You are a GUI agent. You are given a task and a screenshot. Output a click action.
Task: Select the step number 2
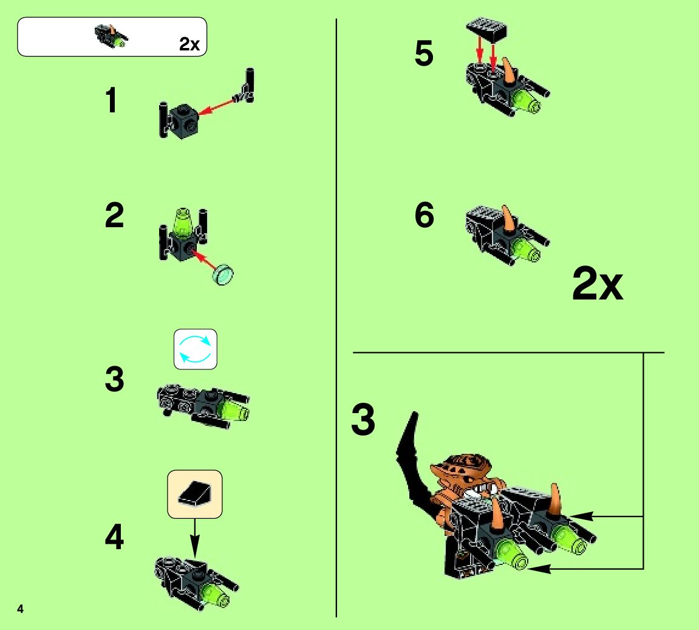[114, 215]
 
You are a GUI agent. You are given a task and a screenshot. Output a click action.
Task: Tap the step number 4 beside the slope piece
[114, 537]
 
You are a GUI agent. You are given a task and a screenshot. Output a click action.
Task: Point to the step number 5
[423, 53]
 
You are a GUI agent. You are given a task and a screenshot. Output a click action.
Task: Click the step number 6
[424, 214]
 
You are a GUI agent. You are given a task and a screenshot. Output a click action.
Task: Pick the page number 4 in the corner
[20, 609]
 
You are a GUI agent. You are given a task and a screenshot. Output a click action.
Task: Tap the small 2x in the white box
[189, 44]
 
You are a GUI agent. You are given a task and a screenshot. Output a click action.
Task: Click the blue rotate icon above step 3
[196, 349]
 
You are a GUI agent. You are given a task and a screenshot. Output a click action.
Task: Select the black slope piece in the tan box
[195, 493]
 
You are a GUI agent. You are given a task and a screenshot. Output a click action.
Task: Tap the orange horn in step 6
[507, 217]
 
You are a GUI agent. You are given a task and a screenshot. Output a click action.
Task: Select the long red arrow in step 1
[217, 107]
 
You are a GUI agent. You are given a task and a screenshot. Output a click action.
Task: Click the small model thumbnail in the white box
[112, 36]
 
